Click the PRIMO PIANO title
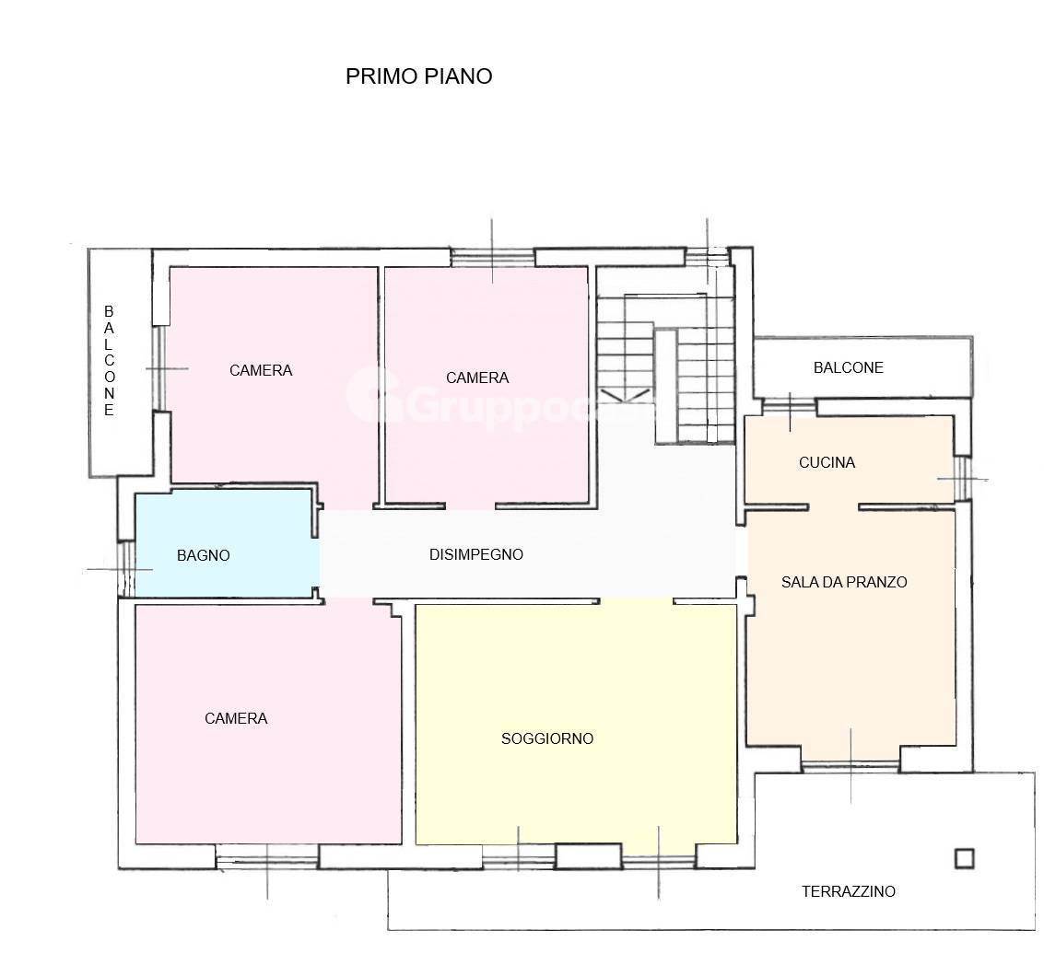coord(418,76)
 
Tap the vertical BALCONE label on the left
coord(109,362)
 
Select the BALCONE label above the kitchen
coord(848,367)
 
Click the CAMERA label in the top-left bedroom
coord(261,370)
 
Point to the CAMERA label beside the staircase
coord(477,378)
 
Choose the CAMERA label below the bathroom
coord(236,718)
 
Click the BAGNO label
coord(203,555)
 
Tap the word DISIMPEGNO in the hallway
coord(476,554)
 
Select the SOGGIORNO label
coord(547,738)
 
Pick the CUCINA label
coord(827,462)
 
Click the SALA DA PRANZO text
coord(844,582)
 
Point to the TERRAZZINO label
coord(848,891)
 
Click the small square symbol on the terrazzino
coord(964,858)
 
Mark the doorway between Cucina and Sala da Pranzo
coord(834,505)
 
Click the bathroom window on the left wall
coord(126,568)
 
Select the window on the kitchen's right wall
coord(962,479)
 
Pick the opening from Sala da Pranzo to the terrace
coord(850,764)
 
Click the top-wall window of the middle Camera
coord(492,257)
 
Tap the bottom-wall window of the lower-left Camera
coord(267,863)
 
